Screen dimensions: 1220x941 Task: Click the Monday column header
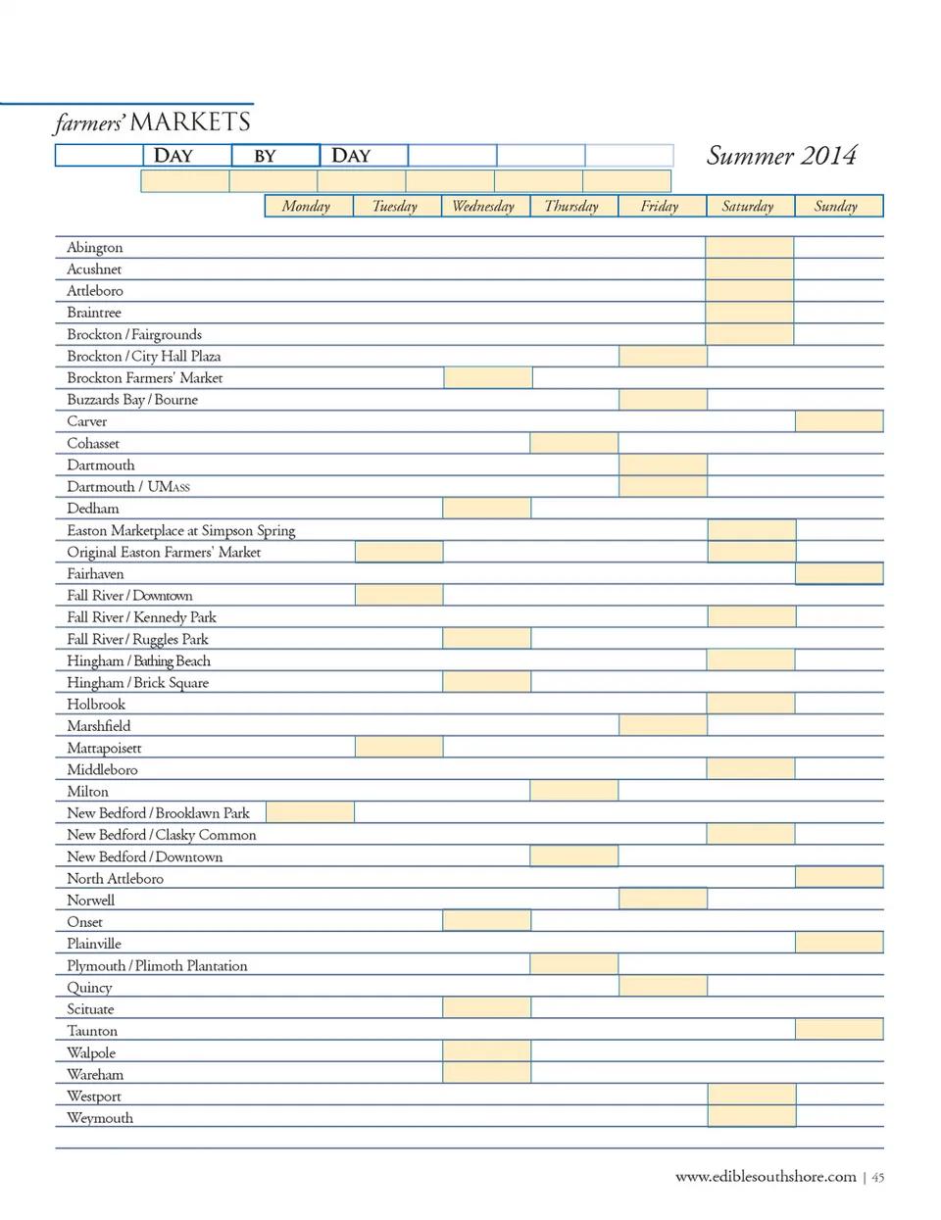tap(307, 206)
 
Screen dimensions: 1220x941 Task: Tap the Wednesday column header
tap(483, 206)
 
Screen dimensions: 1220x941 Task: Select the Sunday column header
tap(836, 206)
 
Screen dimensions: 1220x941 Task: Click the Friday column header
tap(660, 206)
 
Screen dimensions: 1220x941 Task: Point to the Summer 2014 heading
tap(781, 156)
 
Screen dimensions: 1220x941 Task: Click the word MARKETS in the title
tap(190, 122)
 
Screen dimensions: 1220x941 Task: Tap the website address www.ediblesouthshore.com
tap(766, 1177)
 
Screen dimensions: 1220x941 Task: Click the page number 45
tap(878, 1178)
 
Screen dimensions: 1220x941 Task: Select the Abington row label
tap(95, 248)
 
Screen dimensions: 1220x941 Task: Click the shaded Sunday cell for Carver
tap(839, 421)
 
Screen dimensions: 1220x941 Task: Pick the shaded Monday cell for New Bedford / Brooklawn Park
tap(310, 812)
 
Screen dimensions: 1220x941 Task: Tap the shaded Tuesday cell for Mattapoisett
tap(399, 748)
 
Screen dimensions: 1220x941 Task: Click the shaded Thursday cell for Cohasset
tap(574, 443)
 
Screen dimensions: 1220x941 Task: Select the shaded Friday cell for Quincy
tap(663, 987)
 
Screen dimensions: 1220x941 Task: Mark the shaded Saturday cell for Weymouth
tap(752, 1117)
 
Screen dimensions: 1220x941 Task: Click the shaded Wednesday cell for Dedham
tap(487, 509)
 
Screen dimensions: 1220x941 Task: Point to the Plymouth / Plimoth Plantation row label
tap(157, 965)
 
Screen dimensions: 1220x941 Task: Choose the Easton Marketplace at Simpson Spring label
tap(180, 530)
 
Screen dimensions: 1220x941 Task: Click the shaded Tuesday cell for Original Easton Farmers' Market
tap(399, 552)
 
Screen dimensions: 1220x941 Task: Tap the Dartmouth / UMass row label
tap(128, 487)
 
